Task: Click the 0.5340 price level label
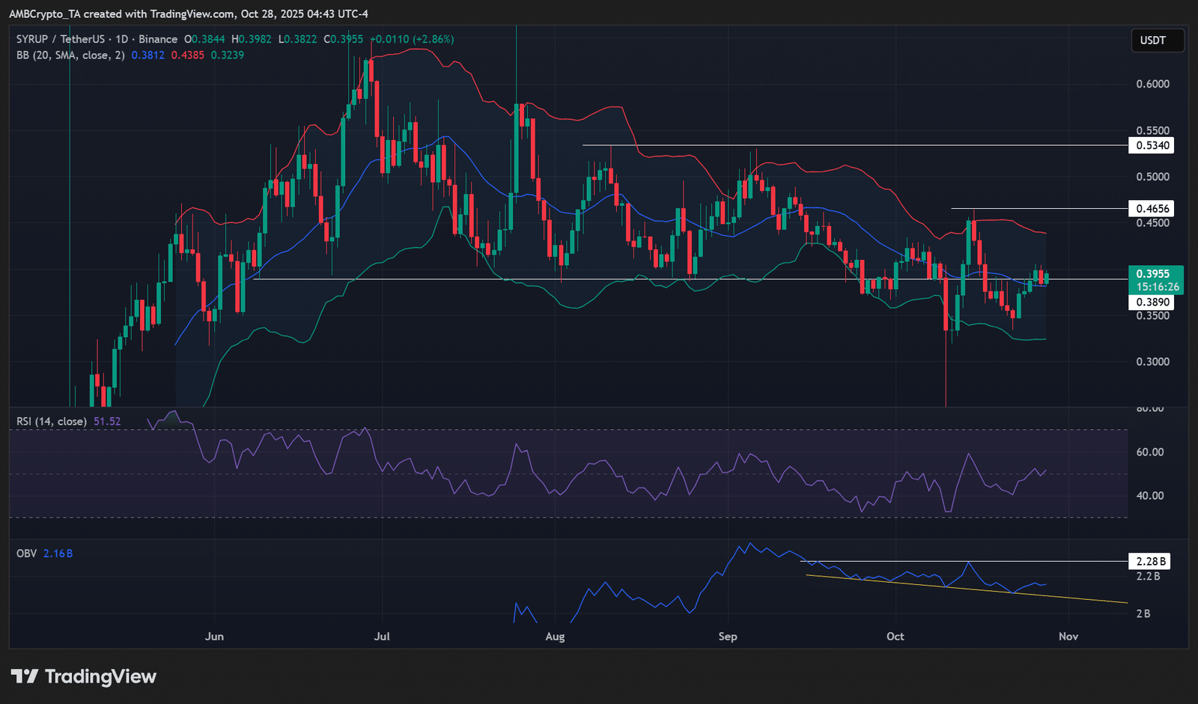(x=1151, y=145)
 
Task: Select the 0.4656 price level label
(x=1151, y=209)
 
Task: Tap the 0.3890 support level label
(x=1151, y=303)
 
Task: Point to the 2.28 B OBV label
(x=1149, y=561)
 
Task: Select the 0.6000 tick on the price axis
(x=1152, y=84)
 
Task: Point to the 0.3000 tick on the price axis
(x=1152, y=362)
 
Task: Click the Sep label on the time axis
(x=727, y=637)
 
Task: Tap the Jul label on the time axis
(x=382, y=637)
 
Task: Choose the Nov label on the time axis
(x=1068, y=637)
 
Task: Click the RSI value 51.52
(x=107, y=422)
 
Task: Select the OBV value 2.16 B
(x=58, y=553)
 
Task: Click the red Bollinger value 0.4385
(x=187, y=55)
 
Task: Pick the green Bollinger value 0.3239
(x=228, y=55)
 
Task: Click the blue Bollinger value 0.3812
(x=148, y=55)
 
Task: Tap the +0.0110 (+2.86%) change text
(x=412, y=39)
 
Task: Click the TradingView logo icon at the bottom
(x=25, y=677)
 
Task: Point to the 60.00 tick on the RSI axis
(x=1150, y=452)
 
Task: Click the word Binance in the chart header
(x=158, y=39)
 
